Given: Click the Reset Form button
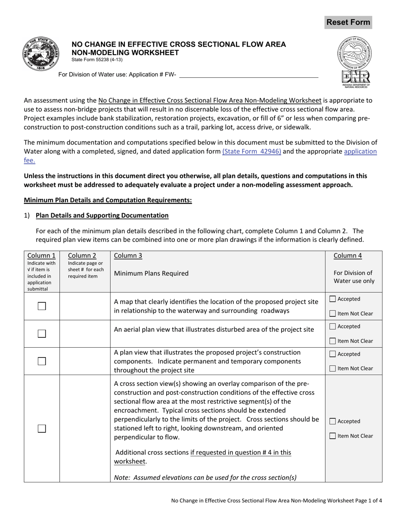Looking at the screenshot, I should click(348, 22).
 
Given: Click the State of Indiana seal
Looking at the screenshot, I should click(41, 53).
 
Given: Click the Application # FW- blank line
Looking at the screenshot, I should click(249, 75).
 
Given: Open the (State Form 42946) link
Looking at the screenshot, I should click(251, 151).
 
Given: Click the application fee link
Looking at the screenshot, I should click(360, 151).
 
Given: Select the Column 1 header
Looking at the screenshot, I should click(41, 256).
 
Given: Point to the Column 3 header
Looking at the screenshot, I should click(128, 256).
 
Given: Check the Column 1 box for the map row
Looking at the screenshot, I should click(42, 306).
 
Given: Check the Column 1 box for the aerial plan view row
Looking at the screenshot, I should click(42, 334).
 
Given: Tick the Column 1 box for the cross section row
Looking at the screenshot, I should click(42, 428).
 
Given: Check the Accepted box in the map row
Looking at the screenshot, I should click(333, 299).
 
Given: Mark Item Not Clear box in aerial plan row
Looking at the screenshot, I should click(333, 341).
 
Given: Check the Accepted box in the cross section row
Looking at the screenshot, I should click(333, 421).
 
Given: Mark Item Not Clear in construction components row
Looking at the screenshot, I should click(333, 369).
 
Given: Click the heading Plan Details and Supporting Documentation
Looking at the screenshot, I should click(102, 216).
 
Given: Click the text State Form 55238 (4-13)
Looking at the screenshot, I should click(97, 60).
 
